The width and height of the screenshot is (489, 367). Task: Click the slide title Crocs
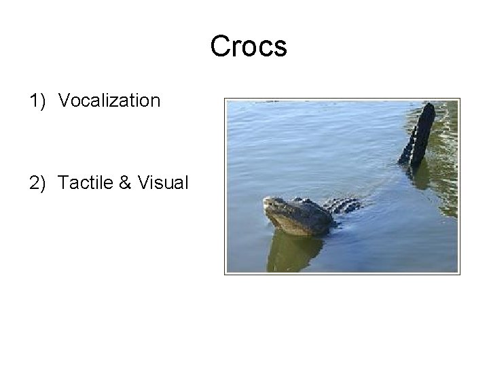tap(249, 47)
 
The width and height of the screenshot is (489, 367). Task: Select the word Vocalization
tap(109, 101)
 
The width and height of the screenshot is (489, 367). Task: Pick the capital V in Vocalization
tap(64, 101)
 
